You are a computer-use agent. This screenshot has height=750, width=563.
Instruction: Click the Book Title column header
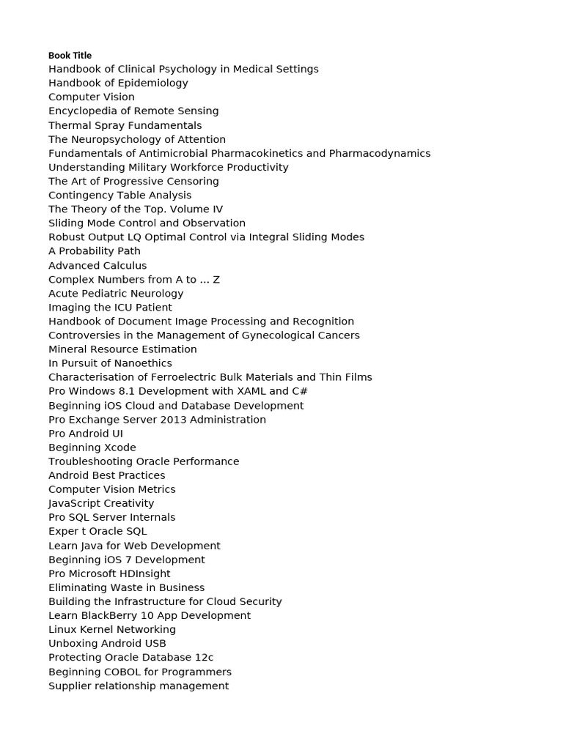coord(70,56)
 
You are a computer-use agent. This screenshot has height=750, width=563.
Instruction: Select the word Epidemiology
coord(152,83)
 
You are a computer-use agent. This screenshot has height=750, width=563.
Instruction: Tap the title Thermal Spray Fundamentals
coord(125,125)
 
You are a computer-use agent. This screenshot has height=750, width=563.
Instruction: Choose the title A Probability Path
coord(95,251)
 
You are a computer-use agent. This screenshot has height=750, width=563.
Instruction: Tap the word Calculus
coord(123,265)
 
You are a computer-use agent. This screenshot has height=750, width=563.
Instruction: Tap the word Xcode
coord(120,448)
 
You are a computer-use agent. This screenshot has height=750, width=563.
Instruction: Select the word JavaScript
coord(73,503)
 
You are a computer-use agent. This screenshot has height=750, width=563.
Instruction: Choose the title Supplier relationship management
coord(139,686)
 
